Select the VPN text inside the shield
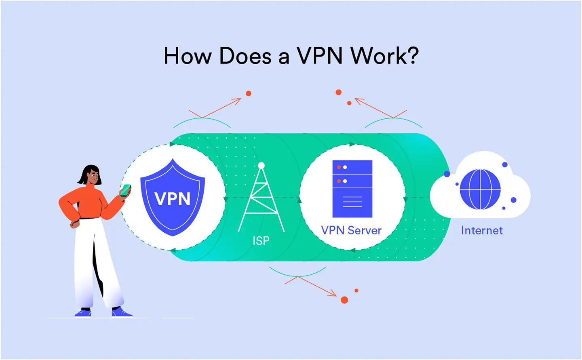coord(173,199)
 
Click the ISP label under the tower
coord(261,241)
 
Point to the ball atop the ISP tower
coord(261,165)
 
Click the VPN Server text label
coord(351,230)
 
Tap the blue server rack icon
coord(352,189)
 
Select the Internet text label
coord(482,230)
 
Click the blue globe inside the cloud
coord(480,189)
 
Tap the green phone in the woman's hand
coord(126,190)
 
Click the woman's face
coord(93,177)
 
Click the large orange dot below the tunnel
coord(344,300)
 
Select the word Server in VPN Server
coord(365,230)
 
